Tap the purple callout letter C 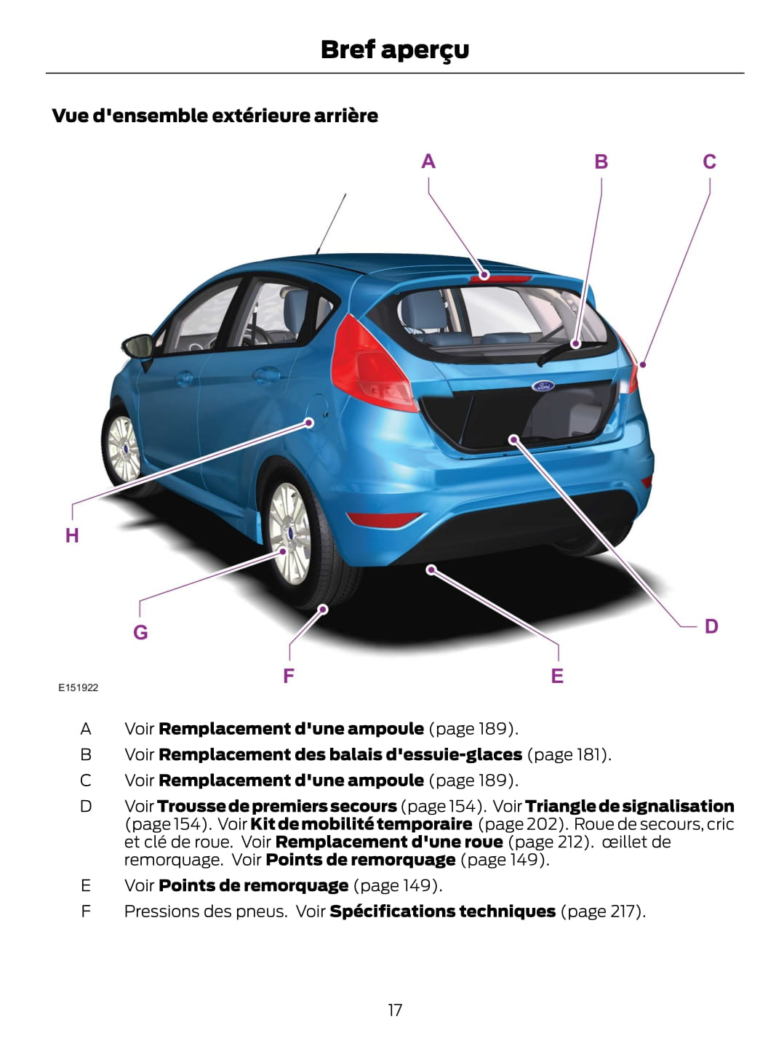pos(709,161)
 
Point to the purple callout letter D pos(711,626)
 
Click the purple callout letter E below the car pos(557,676)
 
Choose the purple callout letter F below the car pos(289,676)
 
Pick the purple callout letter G pos(140,632)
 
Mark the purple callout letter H pos(72,535)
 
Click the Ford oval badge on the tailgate pos(543,386)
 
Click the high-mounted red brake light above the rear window pos(500,279)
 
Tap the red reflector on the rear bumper pos(383,520)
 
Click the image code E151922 pos(78,687)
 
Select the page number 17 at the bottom pos(395,1010)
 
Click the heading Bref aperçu pos(395,50)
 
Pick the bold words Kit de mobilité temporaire pos(361,824)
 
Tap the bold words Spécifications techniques pos(442,911)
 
